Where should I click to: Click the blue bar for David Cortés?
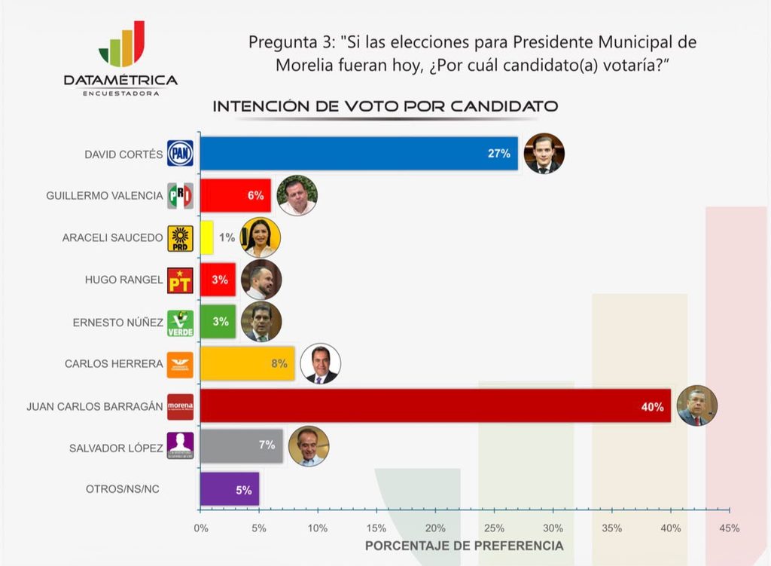point(359,154)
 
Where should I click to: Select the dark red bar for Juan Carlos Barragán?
point(436,406)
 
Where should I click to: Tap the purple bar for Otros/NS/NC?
point(230,488)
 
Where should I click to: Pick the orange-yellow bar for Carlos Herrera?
point(247,364)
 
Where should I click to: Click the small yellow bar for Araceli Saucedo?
point(206,237)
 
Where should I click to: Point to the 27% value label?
point(499,154)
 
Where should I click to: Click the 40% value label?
point(653,407)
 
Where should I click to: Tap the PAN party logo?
point(180,153)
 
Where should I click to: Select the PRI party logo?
point(180,195)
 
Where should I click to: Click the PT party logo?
point(180,280)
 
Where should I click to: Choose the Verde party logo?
point(180,323)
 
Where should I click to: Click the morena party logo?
point(180,406)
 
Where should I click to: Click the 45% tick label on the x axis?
point(729,528)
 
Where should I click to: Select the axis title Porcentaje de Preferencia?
point(464,546)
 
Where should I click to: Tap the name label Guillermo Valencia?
point(104,196)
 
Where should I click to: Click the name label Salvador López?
point(116,448)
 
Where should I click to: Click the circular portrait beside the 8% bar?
point(321,364)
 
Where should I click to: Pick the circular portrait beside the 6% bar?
point(297,195)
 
